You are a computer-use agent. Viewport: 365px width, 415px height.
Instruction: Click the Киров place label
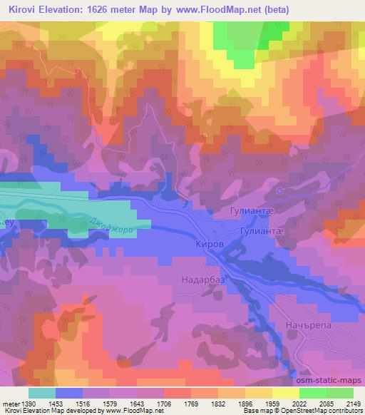(210, 244)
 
